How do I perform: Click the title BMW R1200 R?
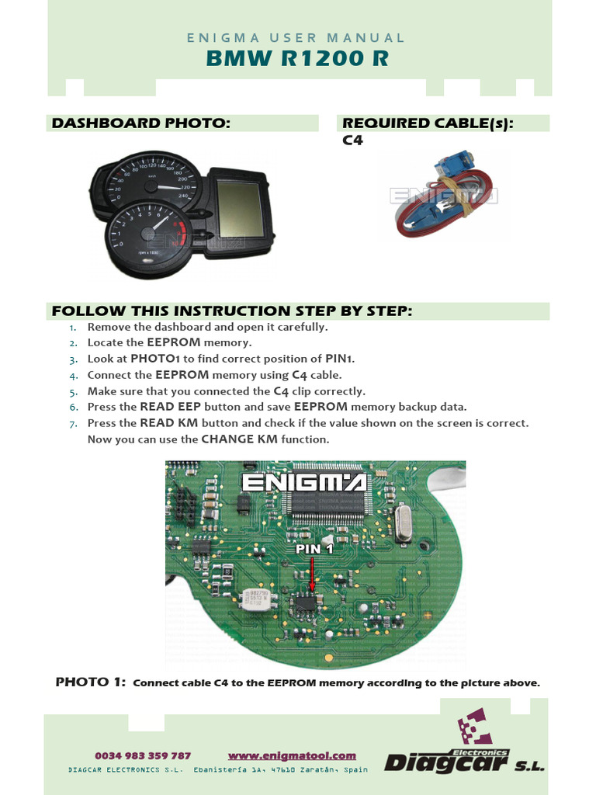pyautogui.click(x=297, y=57)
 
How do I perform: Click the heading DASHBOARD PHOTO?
pyautogui.click(x=141, y=123)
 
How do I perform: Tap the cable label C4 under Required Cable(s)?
pyautogui.click(x=352, y=140)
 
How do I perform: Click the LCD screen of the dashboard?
pyautogui.click(x=239, y=208)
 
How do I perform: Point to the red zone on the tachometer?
pyautogui.click(x=181, y=232)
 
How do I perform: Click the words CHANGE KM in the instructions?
pyautogui.click(x=239, y=439)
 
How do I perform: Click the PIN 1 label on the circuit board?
pyautogui.click(x=314, y=549)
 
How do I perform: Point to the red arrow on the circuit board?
pyautogui.click(x=312, y=575)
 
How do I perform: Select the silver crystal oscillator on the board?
pyautogui.click(x=403, y=523)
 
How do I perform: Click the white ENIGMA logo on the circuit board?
pyautogui.click(x=304, y=482)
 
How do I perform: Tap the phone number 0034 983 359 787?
pyautogui.click(x=143, y=755)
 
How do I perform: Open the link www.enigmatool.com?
pyautogui.click(x=292, y=755)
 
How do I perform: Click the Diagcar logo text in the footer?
pyautogui.click(x=446, y=762)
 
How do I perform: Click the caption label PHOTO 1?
pyautogui.click(x=90, y=682)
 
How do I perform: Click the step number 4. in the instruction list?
pyautogui.click(x=74, y=377)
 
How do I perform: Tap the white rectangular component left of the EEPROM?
pyautogui.click(x=258, y=599)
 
